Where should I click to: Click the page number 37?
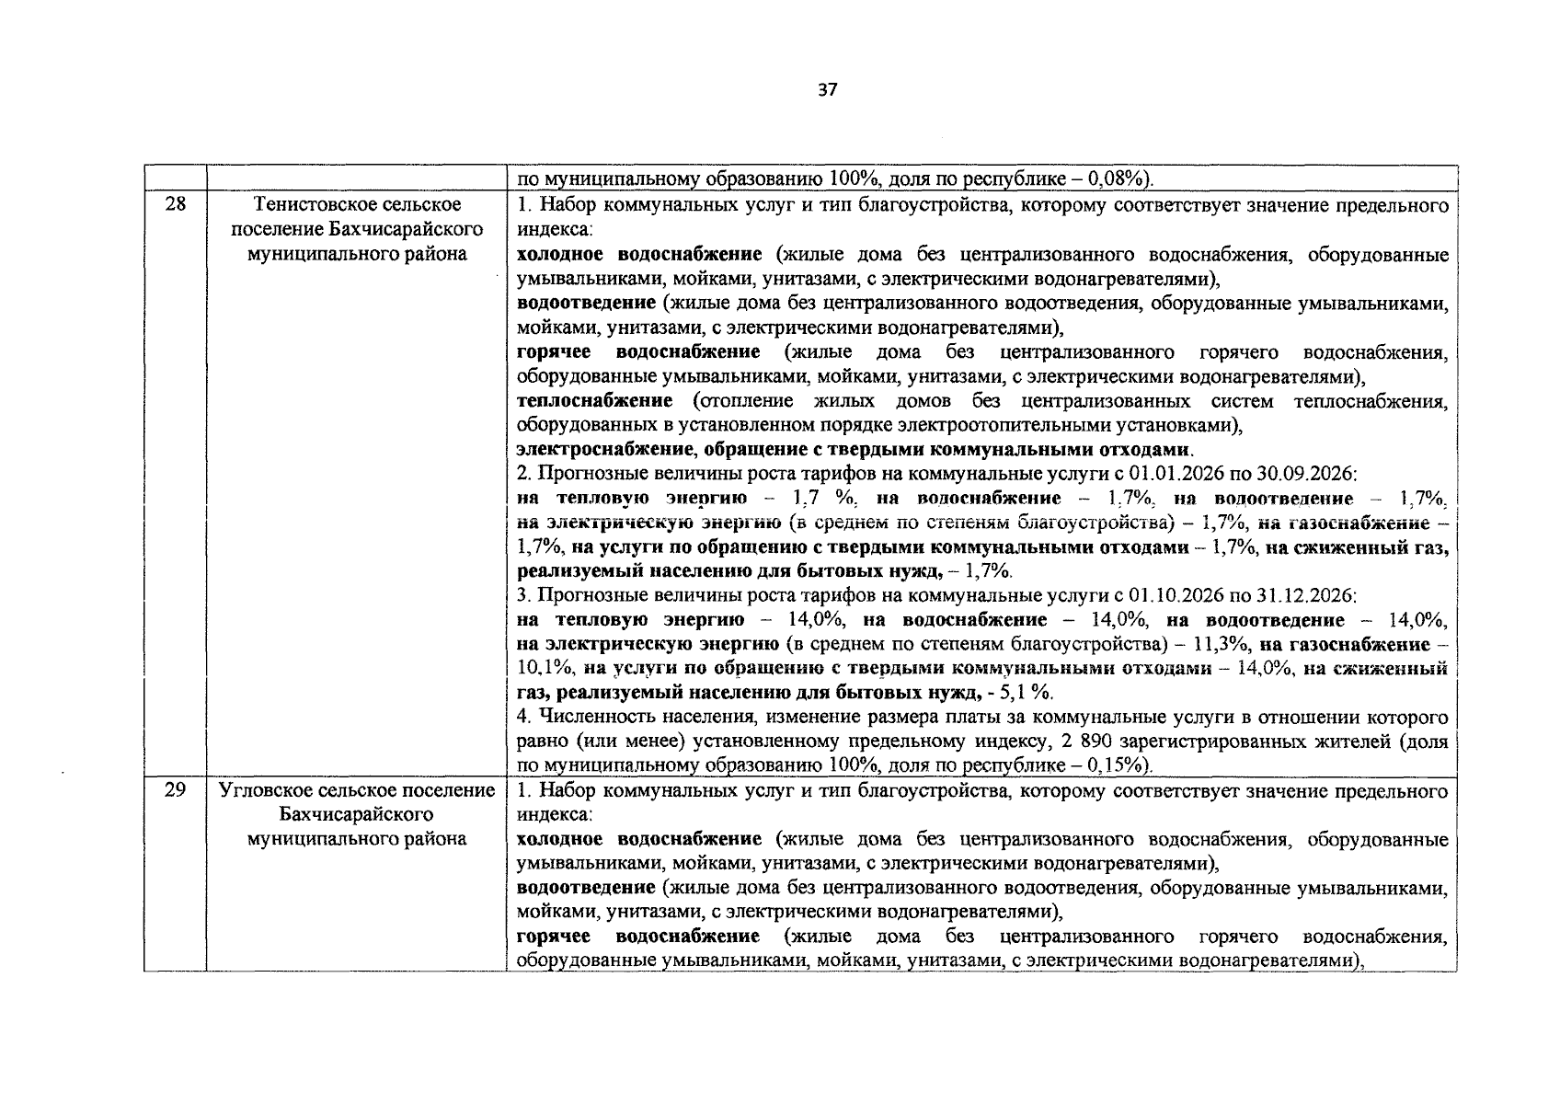point(827,90)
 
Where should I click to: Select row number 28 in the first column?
point(175,204)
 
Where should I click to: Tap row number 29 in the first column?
point(175,790)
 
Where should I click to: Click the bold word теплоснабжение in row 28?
point(595,401)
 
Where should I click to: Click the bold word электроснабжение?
point(604,450)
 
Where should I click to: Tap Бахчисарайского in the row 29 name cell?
point(357,814)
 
